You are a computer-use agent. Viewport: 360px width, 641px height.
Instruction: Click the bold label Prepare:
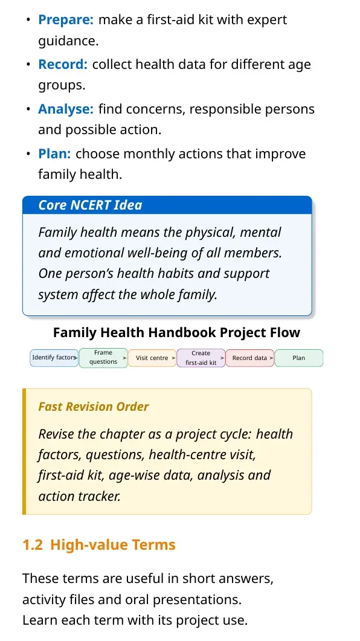click(x=66, y=20)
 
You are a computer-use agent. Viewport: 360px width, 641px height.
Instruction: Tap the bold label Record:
click(x=63, y=65)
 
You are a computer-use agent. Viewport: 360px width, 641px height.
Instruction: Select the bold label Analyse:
click(x=66, y=109)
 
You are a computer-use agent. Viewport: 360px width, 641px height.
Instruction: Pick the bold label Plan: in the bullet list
click(x=54, y=153)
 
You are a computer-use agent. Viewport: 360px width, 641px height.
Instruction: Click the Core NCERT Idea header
click(x=91, y=205)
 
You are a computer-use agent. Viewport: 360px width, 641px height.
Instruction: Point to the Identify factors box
click(x=54, y=358)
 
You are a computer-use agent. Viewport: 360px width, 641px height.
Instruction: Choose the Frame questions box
click(x=103, y=358)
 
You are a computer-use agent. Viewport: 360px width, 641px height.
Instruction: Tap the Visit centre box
click(x=152, y=358)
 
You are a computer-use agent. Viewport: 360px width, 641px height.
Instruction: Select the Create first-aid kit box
click(x=201, y=358)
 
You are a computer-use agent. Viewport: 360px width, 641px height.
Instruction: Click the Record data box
click(x=249, y=358)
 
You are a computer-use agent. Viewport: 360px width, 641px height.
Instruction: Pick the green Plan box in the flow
click(x=299, y=358)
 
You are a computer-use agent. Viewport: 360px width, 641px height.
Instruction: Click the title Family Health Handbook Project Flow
click(x=176, y=332)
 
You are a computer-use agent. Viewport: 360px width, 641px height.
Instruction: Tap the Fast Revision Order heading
click(x=94, y=407)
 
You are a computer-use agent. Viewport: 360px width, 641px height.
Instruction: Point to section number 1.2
click(x=33, y=545)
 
